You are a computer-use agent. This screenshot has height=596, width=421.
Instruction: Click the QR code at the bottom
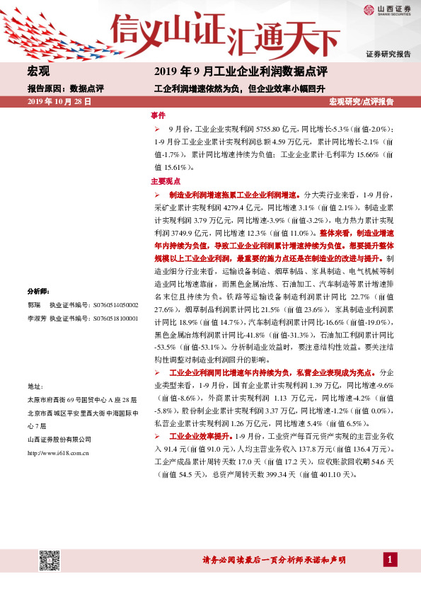(x=48, y=559)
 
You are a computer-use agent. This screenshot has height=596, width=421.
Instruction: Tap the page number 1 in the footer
(x=389, y=560)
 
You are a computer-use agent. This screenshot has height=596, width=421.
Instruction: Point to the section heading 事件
(x=158, y=115)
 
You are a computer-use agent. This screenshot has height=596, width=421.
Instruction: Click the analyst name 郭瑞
(x=34, y=305)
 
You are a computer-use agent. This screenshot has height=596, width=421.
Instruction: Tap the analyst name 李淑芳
(x=37, y=319)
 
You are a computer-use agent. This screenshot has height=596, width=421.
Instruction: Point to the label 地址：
(x=35, y=386)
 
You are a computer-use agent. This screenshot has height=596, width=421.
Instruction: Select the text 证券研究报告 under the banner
(x=388, y=55)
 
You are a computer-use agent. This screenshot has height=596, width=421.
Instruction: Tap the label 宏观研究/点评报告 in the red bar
(x=362, y=102)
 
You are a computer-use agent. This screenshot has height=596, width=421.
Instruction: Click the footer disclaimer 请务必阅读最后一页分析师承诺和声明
(x=274, y=560)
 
